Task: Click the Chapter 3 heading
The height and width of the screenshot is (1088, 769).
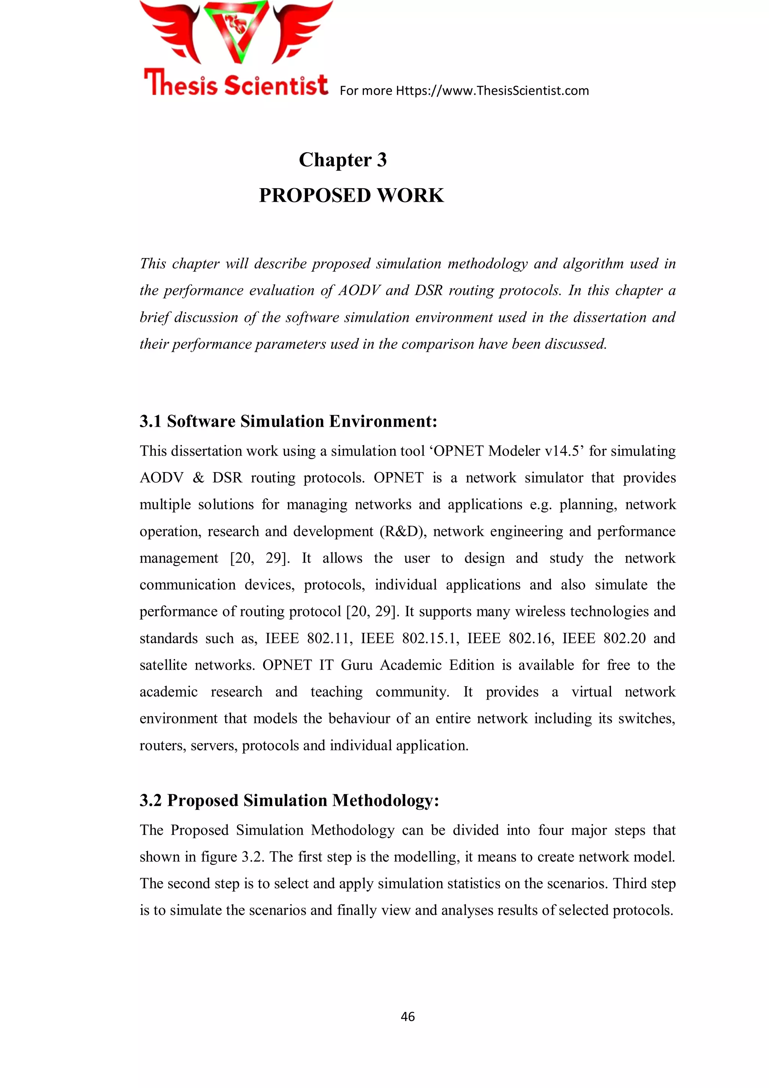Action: pyautogui.click(x=342, y=160)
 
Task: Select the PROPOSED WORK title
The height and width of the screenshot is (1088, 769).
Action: pyautogui.click(x=351, y=195)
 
